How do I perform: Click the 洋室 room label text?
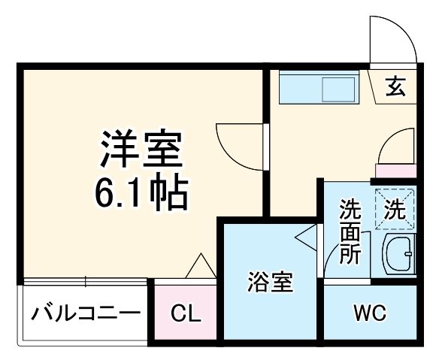click(141, 150)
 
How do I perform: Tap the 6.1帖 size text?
click(141, 193)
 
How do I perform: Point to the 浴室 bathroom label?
click(271, 283)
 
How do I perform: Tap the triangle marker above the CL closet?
click(200, 266)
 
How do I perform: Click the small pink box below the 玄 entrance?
click(395, 171)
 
